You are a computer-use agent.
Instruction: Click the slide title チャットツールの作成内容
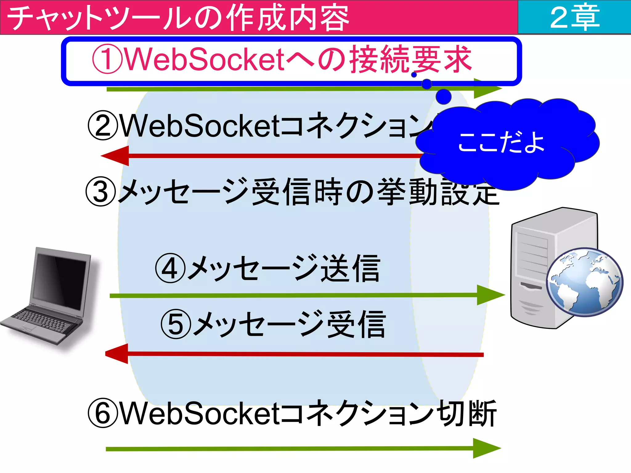[x=178, y=18]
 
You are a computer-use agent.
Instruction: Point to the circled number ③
[x=101, y=192]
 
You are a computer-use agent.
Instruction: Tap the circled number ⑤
[x=176, y=325]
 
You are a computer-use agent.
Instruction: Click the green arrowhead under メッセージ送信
[x=490, y=295]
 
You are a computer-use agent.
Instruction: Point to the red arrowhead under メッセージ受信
[x=117, y=354]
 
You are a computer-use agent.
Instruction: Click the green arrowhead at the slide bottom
[x=486, y=448]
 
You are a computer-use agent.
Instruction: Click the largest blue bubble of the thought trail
[x=444, y=96]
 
